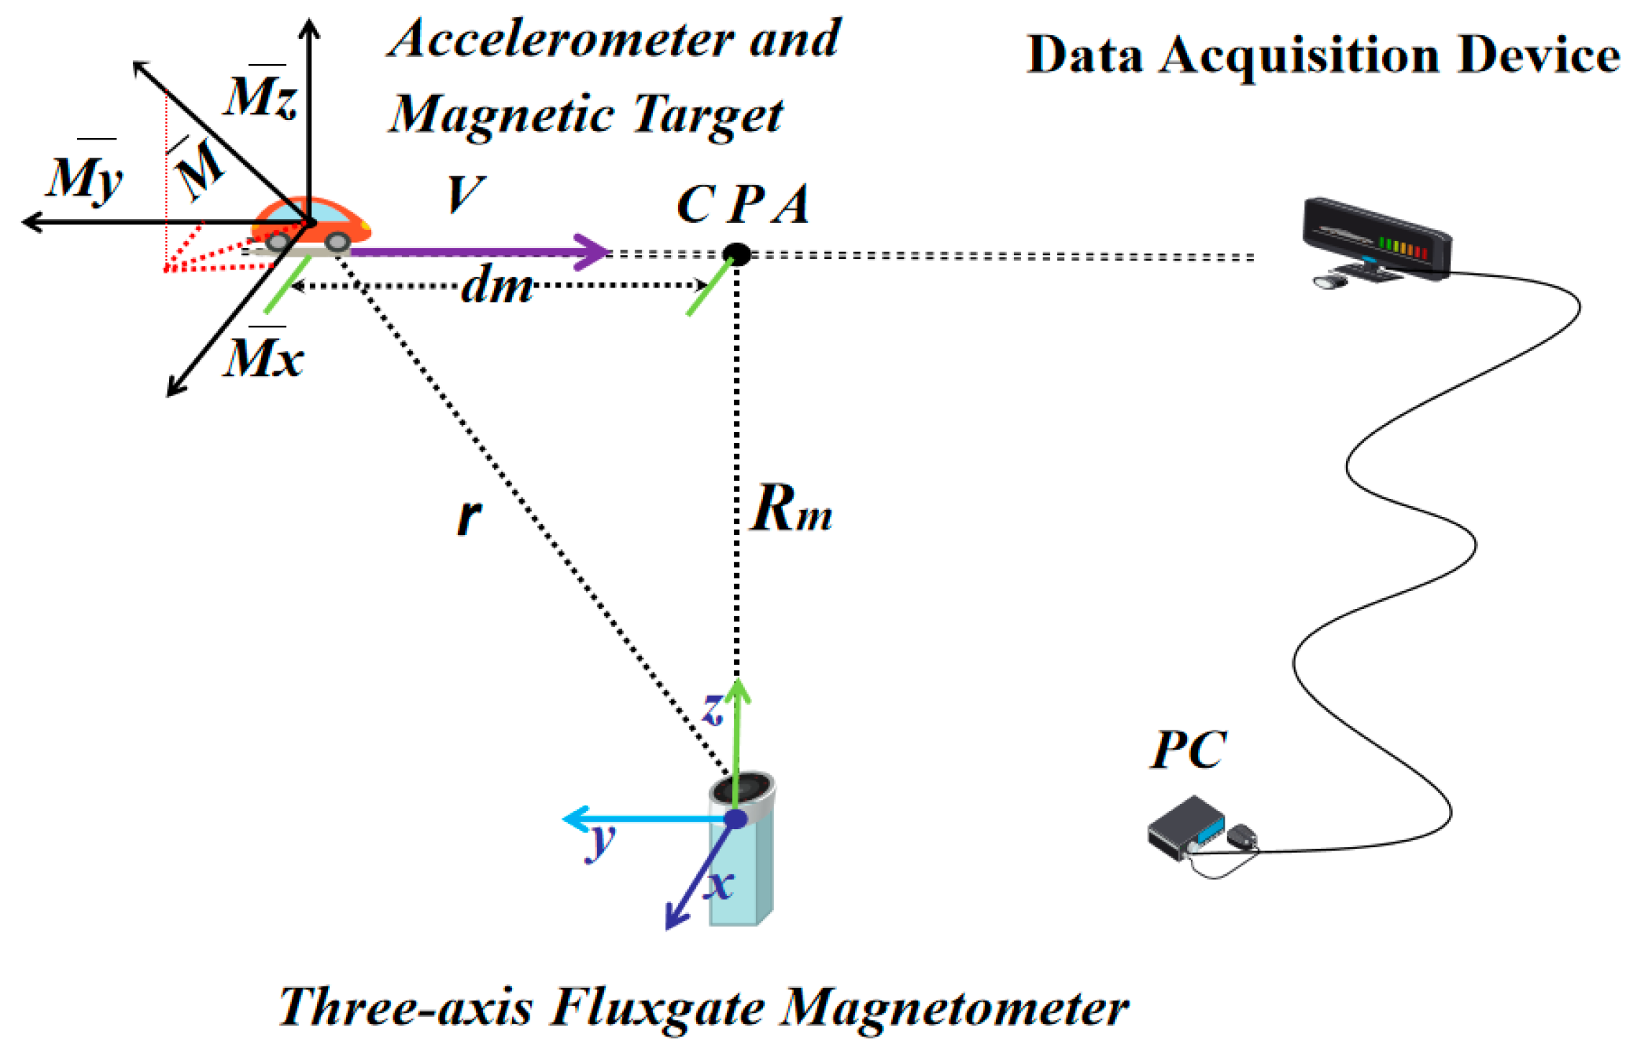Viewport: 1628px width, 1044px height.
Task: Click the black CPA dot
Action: [736, 254]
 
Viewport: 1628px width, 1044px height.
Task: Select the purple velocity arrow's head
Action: [594, 252]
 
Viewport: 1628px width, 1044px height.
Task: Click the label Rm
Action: [790, 509]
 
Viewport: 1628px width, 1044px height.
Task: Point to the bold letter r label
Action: [469, 516]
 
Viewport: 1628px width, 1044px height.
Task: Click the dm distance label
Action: [496, 285]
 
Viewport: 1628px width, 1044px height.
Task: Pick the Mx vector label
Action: [262, 357]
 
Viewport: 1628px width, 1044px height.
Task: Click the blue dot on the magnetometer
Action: [736, 819]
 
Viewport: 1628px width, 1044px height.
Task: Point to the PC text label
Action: [1188, 751]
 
